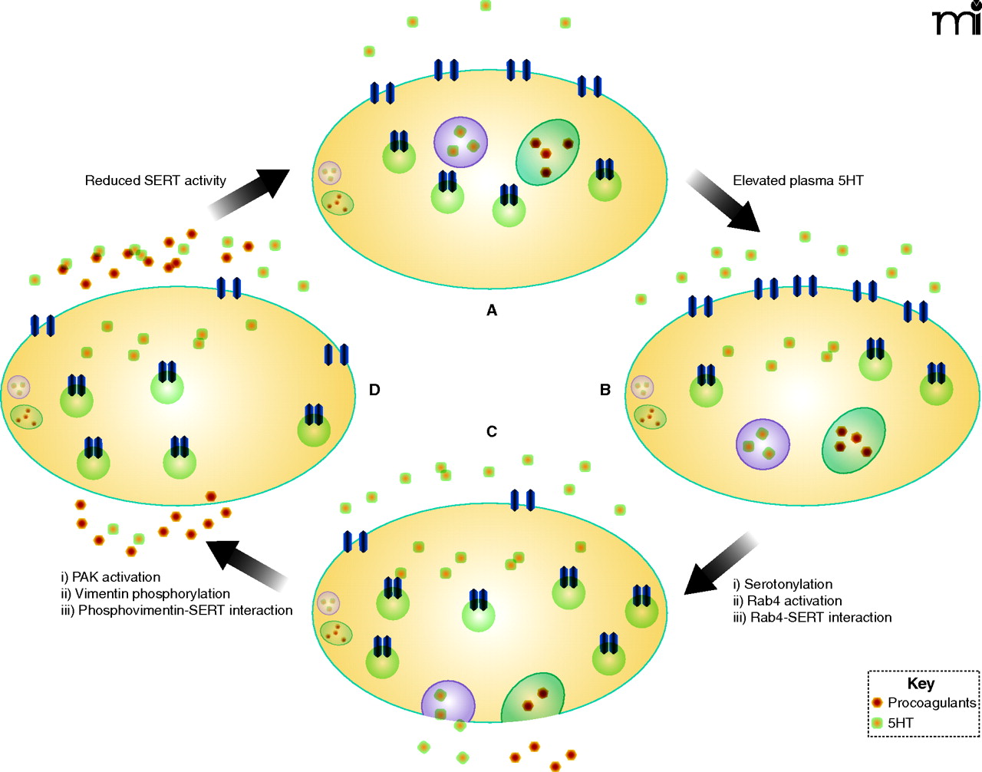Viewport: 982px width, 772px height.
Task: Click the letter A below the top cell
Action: pyautogui.click(x=492, y=310)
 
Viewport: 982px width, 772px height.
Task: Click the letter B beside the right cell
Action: pyautogui.click(x=605, y=390)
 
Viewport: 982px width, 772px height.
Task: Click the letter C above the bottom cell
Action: pyautogui.click(x=492, y=431)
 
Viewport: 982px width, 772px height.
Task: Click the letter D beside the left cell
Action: pyautogui.click(x=374, y=390)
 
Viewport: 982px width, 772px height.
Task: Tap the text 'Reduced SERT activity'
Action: pyautogui.click(x=155, y=180)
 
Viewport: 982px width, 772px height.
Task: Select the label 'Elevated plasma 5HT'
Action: pyautogui.click(x=798, y=180)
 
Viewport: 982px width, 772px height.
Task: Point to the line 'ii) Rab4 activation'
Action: pyautogui.click(x=787, y=601)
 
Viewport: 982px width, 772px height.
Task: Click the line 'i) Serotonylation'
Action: pyautogui.click(x=783, y=584)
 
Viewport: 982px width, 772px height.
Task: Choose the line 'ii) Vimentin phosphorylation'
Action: pyautogui.click(x=146, y=593)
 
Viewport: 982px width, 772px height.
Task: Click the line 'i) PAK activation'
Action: pyautogui.click(x=110, y=577)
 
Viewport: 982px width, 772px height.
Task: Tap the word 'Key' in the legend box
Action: pyautogui.click(x=921, y=683)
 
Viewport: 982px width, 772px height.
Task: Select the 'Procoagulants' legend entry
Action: pyautogui.click(x=931, y=702)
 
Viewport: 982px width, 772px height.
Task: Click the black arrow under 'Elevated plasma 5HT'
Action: pyautogui.click(x=723, y=201)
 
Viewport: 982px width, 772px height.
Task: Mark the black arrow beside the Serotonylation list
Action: pyautogui.click(x=720, y=566)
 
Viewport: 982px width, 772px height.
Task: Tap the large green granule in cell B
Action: pyautogui.click(x=853, y=440)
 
